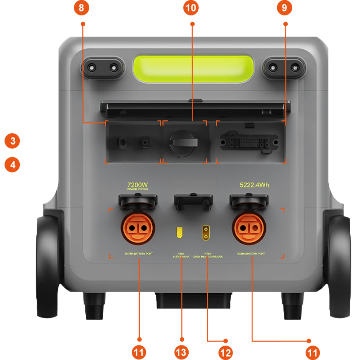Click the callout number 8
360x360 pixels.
click(81, 8)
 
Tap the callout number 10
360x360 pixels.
click(191, 8)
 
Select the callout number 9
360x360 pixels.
click(284, 8)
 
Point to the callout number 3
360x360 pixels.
click(13, 141)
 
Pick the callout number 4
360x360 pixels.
click(13, 165)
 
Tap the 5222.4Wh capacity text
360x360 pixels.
click(254, 185)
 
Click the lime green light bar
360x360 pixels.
click(194, 68)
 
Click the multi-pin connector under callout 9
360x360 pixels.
click(249, 142)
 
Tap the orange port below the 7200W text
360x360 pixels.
click(139, 228)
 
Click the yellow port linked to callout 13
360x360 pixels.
click(179, 233)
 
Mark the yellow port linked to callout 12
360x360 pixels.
click(206, 232)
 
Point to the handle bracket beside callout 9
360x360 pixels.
click(284, 67)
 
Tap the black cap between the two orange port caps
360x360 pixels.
click(193, 201)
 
